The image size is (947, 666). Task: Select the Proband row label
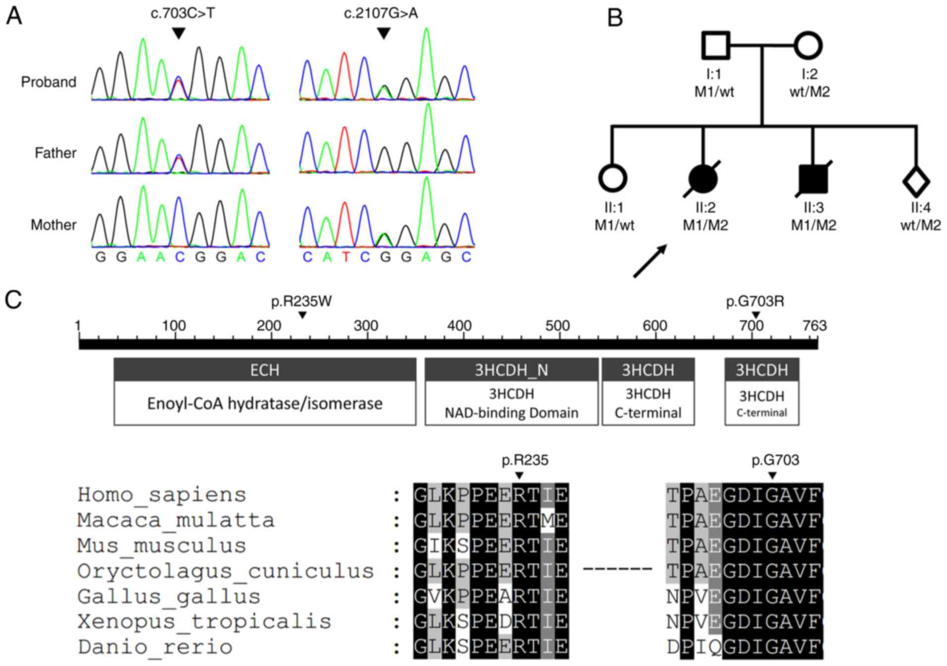(x=49, y=82)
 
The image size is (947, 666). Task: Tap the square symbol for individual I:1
(x=715, y=46)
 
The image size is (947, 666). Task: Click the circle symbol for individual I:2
(x=808, y=46)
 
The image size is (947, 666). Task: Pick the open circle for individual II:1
(x=612, y=178)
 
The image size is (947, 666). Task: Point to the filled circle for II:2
(x=703, y=178)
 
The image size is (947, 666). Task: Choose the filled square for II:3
(x=813, y=178)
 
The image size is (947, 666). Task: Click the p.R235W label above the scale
(x=301, y=301)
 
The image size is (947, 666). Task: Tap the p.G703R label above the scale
(x=755, y=301)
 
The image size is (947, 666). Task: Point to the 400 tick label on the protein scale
(x=459, y=325)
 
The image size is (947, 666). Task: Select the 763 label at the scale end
(x=814, y=325)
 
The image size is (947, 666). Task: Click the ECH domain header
(x=265, y=370)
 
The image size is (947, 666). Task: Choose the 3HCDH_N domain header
(x=511, y=370)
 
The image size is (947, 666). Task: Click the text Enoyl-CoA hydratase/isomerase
(x=265, y=403)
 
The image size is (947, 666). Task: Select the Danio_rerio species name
(x=155, y=647)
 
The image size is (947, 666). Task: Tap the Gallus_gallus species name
(x=169, y=596)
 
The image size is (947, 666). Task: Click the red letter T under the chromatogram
(x=346, y=257)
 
